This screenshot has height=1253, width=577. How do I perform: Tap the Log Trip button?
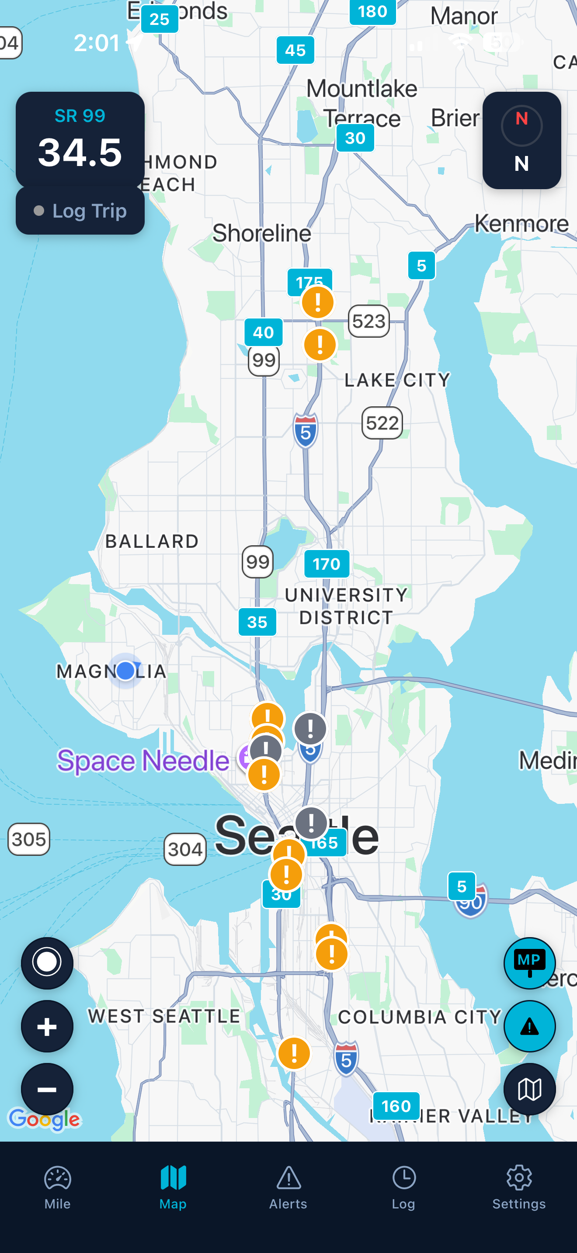tap(80, 211)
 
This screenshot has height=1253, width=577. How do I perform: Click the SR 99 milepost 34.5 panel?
tap(80, 140)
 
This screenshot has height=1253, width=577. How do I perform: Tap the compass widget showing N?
tap(521, 141)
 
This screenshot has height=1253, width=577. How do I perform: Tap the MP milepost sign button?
tap(529, 963)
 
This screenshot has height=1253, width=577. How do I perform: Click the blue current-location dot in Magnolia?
tap(125, 670)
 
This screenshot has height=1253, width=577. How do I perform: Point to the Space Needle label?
tap(143, 760)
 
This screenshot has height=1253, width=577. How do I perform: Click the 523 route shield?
tap(369, 321)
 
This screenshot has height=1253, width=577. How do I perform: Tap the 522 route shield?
tap(382, 423)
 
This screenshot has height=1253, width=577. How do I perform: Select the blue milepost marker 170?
tap(327, 564)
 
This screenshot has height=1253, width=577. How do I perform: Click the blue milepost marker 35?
tap(257, 622)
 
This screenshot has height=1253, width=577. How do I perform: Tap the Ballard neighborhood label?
tap(152, 541)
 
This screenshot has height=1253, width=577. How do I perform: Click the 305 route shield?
tap(29, 839)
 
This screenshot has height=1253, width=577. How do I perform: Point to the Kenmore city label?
tap(521, 224)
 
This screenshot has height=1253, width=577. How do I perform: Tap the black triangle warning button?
tap(529, 1026)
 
